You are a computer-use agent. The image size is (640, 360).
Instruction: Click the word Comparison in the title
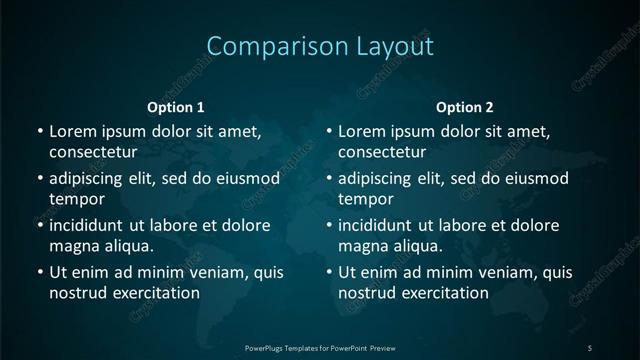[x=263, y=46]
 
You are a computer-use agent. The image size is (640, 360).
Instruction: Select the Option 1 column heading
[x=176, y=107]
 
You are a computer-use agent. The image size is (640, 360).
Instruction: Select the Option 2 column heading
[x=465, y=107]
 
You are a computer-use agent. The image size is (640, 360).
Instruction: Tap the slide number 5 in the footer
[x=590, y=347]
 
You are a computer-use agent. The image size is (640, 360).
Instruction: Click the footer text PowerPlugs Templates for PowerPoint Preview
[x=320, y=347]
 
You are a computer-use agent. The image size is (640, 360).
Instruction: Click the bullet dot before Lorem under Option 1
[x=39, y=132]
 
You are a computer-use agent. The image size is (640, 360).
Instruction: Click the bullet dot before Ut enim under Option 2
[x=329, y=272]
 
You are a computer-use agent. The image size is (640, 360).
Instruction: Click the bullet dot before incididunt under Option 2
[x=329, y=225]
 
